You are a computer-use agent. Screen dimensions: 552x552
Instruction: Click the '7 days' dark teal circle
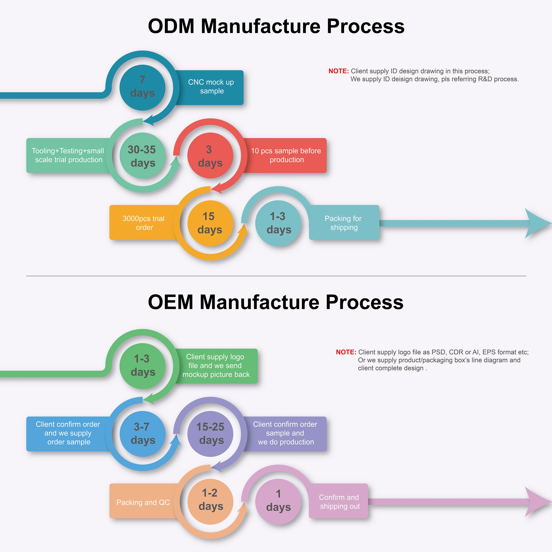click(142, 87)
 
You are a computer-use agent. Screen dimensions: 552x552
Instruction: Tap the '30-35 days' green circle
click(142, 156)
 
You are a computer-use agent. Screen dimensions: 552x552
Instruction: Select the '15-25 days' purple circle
click(210, 434)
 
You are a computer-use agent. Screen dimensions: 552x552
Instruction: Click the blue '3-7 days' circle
click(142, 434)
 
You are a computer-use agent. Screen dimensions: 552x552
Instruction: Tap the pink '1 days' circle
click(278, 501)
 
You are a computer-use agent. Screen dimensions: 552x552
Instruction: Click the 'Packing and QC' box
click(143, 502)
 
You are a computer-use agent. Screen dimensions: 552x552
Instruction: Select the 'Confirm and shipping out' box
click(339, 501)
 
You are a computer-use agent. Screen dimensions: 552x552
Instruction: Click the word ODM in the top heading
click(171, 26)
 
